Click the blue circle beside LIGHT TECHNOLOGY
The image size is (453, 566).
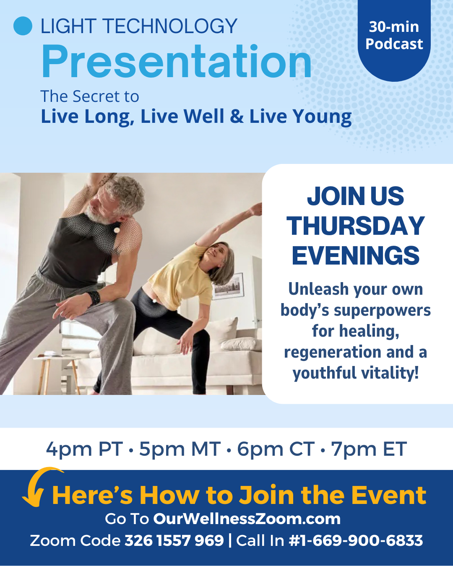point(23,26)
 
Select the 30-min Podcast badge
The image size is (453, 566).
point(394,39)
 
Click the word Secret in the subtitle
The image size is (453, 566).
point(97,96)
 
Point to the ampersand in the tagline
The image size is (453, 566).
point(237,116)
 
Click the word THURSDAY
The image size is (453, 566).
point(356,226)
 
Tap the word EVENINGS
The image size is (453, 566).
point(356,255)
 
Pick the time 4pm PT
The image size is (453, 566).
point(84,449)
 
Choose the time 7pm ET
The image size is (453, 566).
point(369,449)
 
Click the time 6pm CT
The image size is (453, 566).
point(276,449)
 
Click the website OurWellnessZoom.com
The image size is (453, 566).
point(247,519)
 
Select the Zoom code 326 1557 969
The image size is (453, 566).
point(174,541)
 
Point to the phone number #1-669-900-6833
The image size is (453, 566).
point(356,541)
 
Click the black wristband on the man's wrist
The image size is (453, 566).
point(94,298)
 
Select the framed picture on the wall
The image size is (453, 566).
point(228,287)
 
